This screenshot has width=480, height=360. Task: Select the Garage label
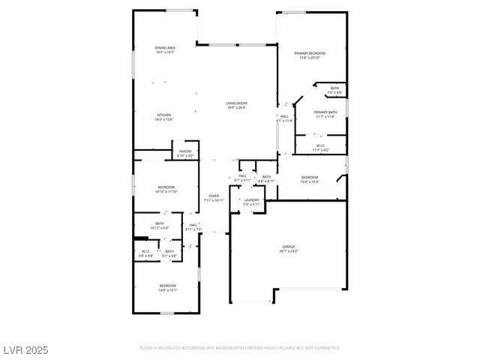(x=288, y=248)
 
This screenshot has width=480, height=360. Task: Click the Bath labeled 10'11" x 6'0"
(x=160, y=225)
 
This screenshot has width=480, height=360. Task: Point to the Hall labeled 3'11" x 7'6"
(x=193, y=227)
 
